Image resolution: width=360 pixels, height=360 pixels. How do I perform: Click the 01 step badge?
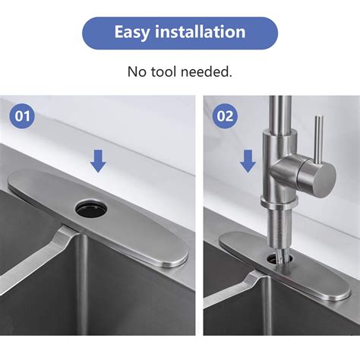24,118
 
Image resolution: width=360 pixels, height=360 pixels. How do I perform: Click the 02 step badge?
226,118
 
